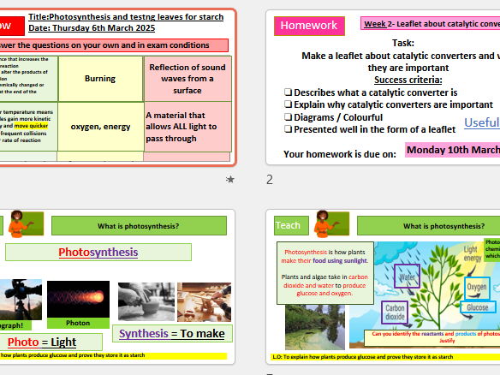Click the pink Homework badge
(308, 26)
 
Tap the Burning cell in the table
(100, 79)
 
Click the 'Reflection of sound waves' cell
(187, 79)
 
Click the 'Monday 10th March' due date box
(452, 150)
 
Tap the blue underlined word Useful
(481, 122)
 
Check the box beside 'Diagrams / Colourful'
(288, 117)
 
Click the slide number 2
(270, 180)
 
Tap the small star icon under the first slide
(229, 179)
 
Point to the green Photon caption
(78, 323)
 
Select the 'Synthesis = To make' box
(172, 334)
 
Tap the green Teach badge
(288, 225)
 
